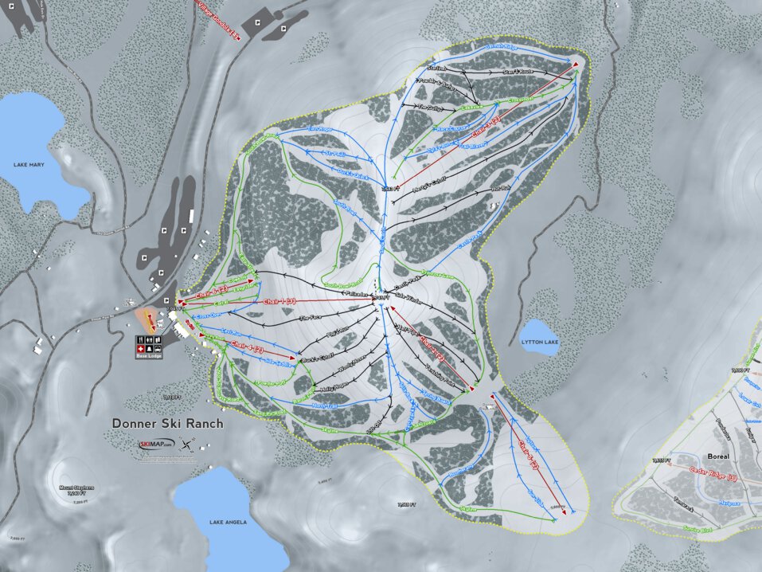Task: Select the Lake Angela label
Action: pyautogui.click(x=228, y=523)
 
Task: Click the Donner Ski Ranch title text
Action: pyautogui.click(x=167, y=424)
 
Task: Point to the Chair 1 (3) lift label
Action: pyautogui.click(x=279, y=302)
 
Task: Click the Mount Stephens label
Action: pyautogui.click(x=76, y=491)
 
